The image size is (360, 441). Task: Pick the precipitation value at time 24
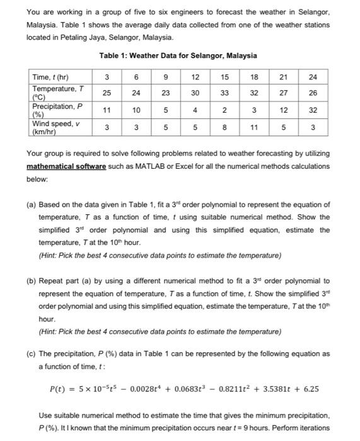[x=313, y=109]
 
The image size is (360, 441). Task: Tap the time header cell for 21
[x=284, y=77]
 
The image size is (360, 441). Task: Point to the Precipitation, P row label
[x=57, y=109]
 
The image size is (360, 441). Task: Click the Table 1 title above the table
[x=178, y=56]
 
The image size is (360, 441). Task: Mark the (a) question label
[x=31, y=206]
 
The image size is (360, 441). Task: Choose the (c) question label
[x=31, y=354]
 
